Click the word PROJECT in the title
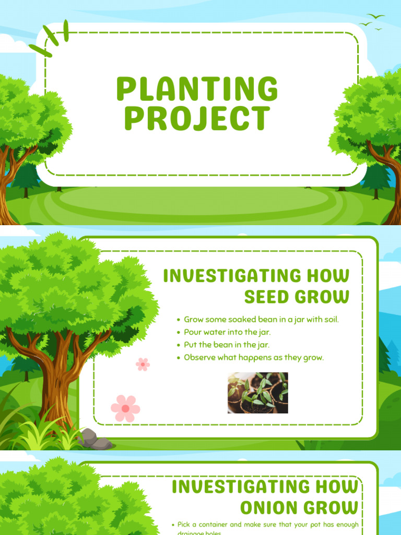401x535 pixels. click(197, 119)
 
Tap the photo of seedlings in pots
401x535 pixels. click(257, 393)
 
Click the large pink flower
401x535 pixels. click(125, 408)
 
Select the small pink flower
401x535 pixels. click(143, 364)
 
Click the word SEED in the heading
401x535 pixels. click(266, 297)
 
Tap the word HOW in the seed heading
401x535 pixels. click(328, 275)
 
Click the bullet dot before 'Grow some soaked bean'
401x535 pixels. click(179, 320)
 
